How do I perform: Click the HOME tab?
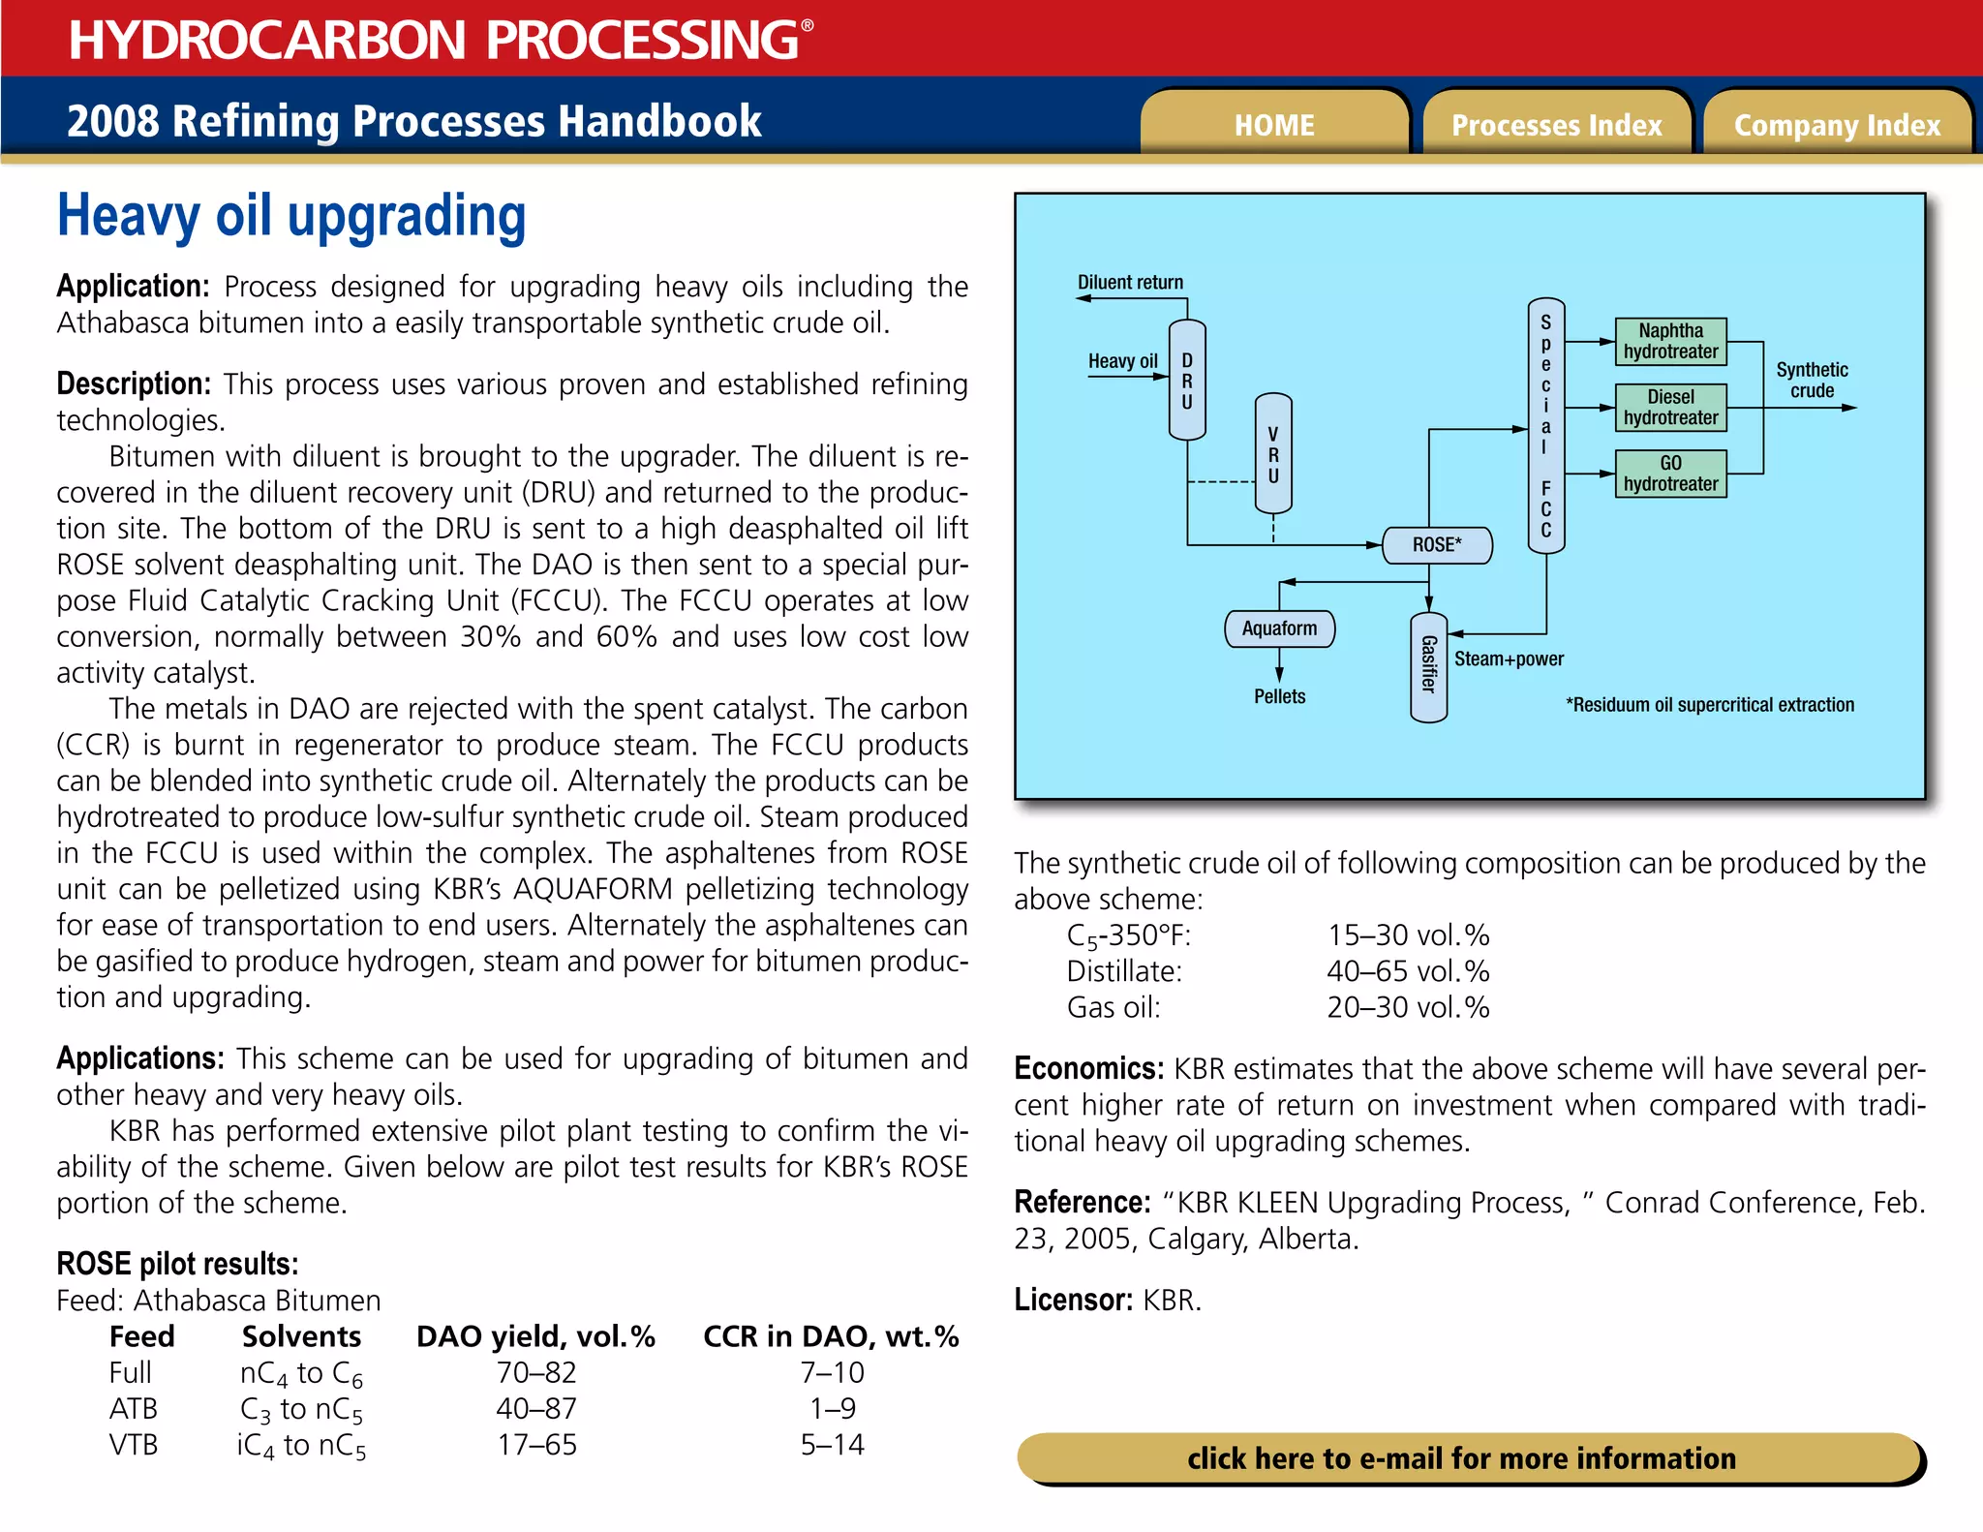point(1273,125)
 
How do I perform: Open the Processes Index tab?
point(1556,125)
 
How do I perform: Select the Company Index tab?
point(1837,125)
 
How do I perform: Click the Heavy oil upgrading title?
point(291,215)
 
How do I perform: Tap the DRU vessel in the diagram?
point(1187,380)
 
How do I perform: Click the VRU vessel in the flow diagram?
point(1273,453)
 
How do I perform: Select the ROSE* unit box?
point(1437,545)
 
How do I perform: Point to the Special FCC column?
point(1545,426)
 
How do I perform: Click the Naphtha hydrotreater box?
point(1670,342)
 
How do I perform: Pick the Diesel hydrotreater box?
point(1670,408)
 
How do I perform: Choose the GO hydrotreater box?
point(1670,474)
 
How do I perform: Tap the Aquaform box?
point(1279,628)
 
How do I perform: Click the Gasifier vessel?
point(1428,666)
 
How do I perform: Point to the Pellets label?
point(1279,696)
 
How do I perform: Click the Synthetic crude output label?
point(1812,381)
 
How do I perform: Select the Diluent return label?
point(1130,283)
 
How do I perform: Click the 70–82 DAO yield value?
point(536,1372)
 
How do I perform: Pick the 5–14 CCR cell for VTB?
point(832,1445)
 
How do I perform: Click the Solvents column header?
point(301,1336)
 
